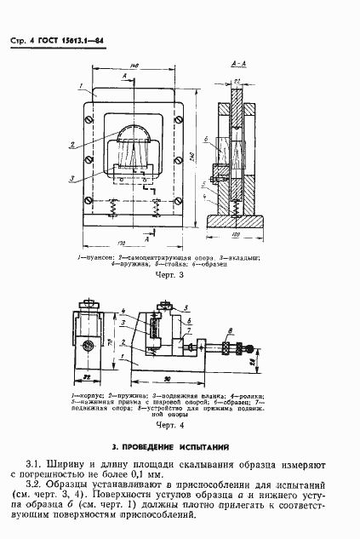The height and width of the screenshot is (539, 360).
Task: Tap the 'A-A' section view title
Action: click(x=238, y=65)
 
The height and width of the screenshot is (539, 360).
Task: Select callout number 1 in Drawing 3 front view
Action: click(x=77, y=87)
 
